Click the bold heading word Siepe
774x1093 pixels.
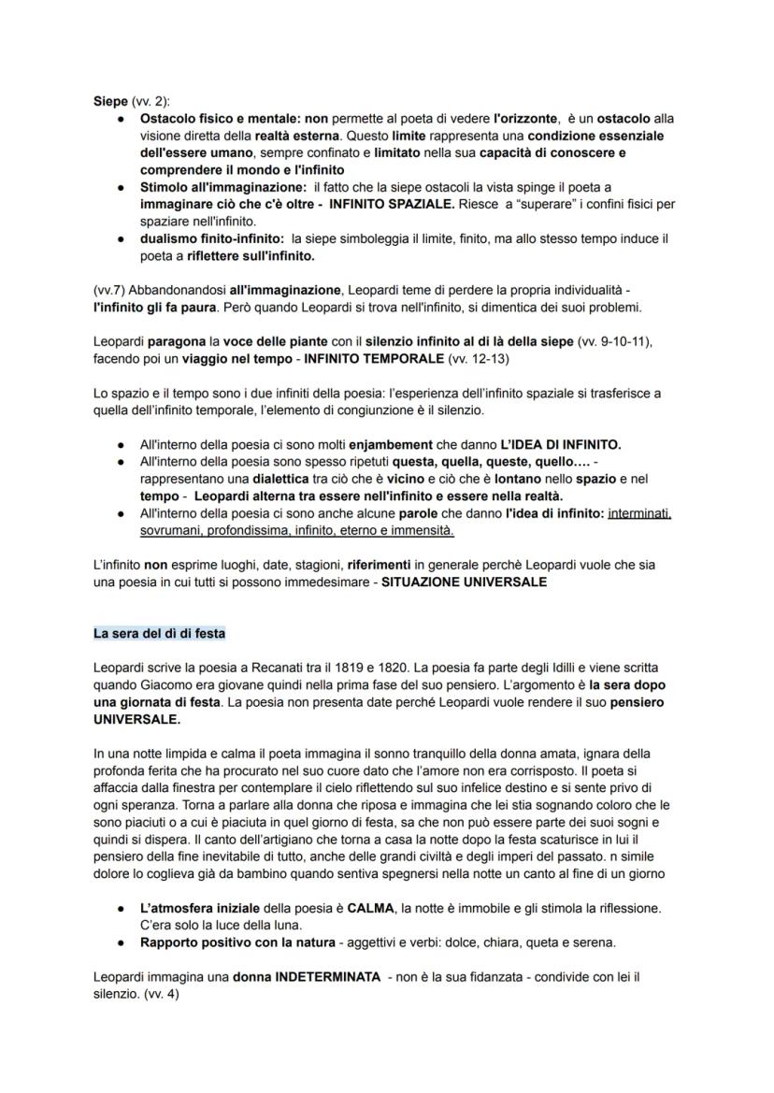[110, 101]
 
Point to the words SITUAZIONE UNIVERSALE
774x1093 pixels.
[465, 581]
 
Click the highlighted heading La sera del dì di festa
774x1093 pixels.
[159, 633]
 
